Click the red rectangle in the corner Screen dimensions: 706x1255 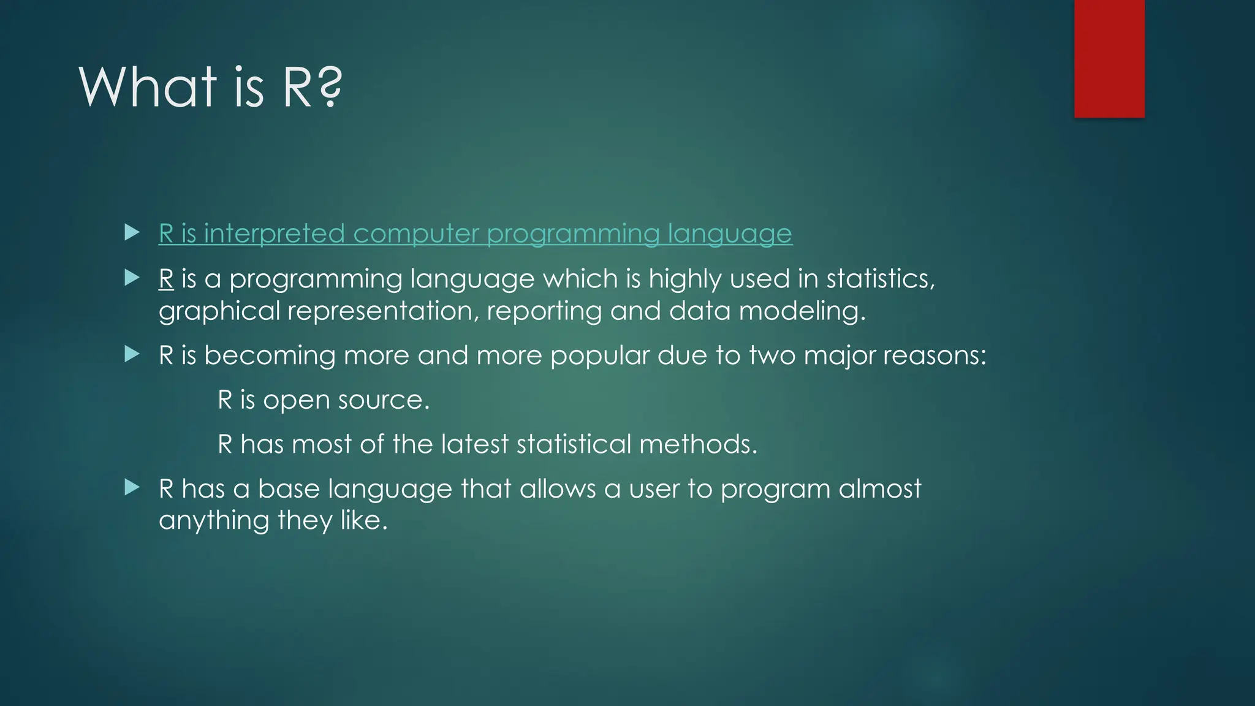pyautogui.click(x=1109, y=59)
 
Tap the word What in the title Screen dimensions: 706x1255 pyautogui.click(x=148, y=88)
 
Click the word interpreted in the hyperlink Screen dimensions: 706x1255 pyautogui.click(x=274, y=234)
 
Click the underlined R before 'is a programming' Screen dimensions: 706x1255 pyautogui.click(x=166, y=279)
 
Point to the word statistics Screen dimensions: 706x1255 pyautogui.click(x=880, y=279)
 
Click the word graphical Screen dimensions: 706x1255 pyautogui.click(x=219, y=311)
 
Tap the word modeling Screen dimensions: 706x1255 pyautogui.click(x=802, y=311)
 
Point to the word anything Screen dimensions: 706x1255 pyautogui.click(x=214, y=521)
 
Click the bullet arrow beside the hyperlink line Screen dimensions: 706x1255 pyautogui.click(x=132, y=232)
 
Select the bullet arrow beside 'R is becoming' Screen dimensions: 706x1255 pyautogui.click(x=132, y=354)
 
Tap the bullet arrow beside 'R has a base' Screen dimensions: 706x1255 pyautogui.click(x=132, y=488)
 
